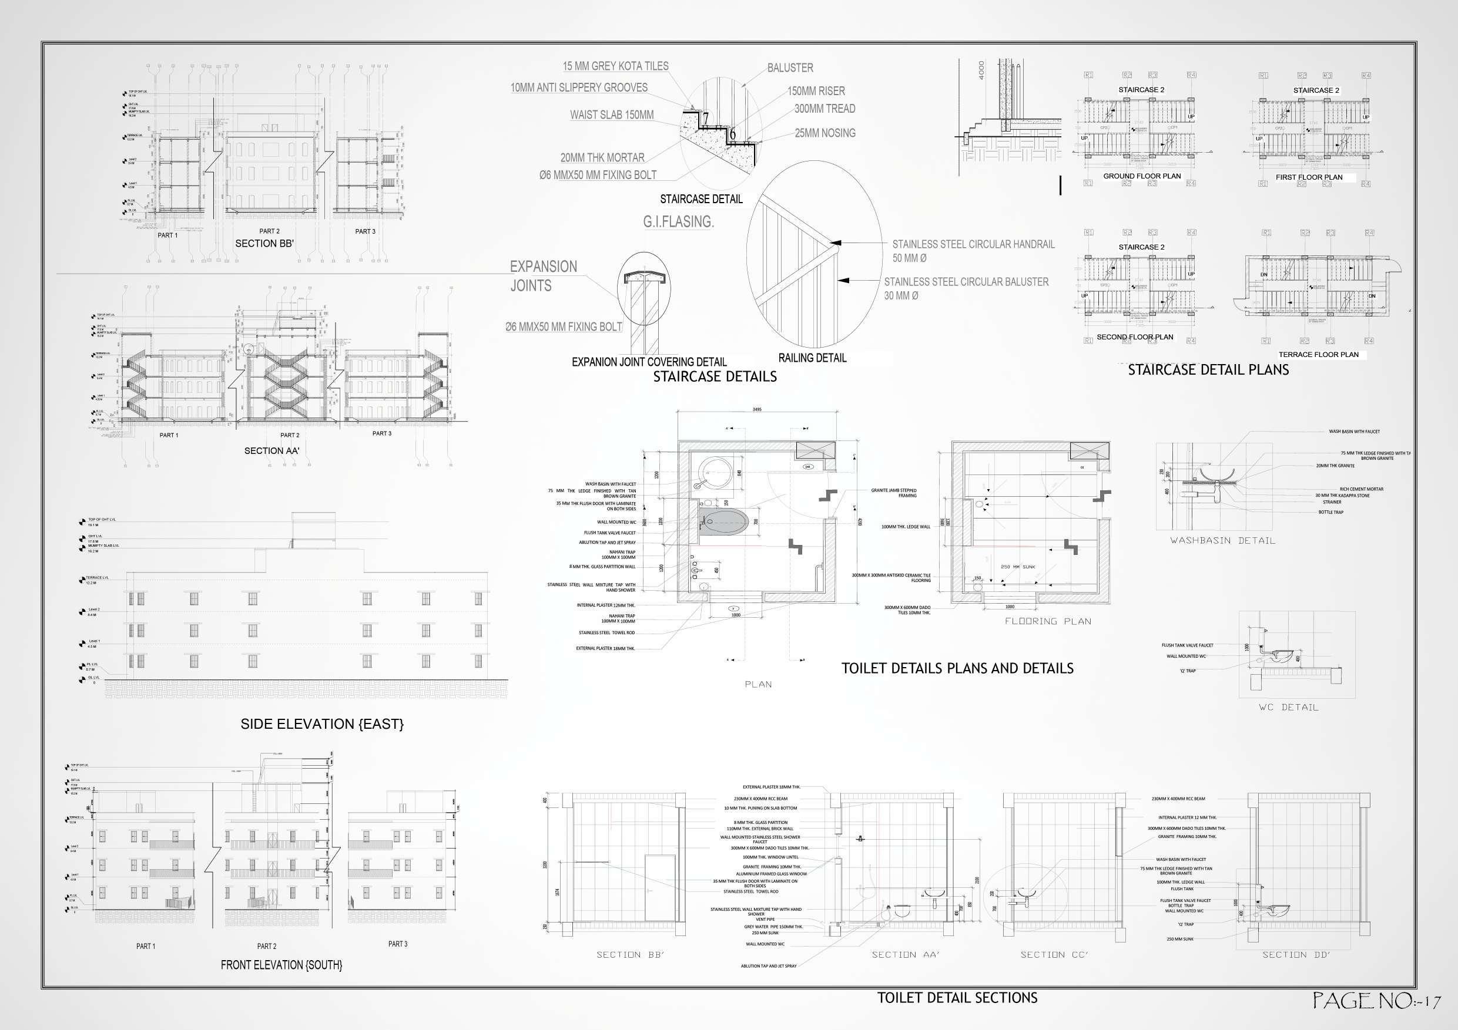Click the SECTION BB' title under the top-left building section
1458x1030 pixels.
click(264, 244)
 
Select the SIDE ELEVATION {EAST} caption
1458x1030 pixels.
click(322, 724)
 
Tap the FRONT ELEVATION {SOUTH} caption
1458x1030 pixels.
click(281, 965)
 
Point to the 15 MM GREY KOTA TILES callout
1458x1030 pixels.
click(615, 66)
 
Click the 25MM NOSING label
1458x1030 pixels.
click(825, 133)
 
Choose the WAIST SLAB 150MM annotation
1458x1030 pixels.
click(612, 115)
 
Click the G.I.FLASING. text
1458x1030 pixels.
click(678, 222)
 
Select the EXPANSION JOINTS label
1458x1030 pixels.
click(543, 276)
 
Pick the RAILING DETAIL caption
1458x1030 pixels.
click(812, 358)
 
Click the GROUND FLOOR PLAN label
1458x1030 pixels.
click(1142, 176)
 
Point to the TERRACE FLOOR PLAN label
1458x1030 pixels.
click(1318, 355)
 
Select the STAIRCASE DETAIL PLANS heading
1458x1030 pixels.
click(1208, 370)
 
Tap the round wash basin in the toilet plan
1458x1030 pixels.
click(711, 472)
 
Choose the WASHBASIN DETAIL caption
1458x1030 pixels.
click(1222, 541)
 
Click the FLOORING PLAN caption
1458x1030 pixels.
click(1048, 621)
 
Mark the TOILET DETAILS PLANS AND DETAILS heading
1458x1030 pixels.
click(957, 668)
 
